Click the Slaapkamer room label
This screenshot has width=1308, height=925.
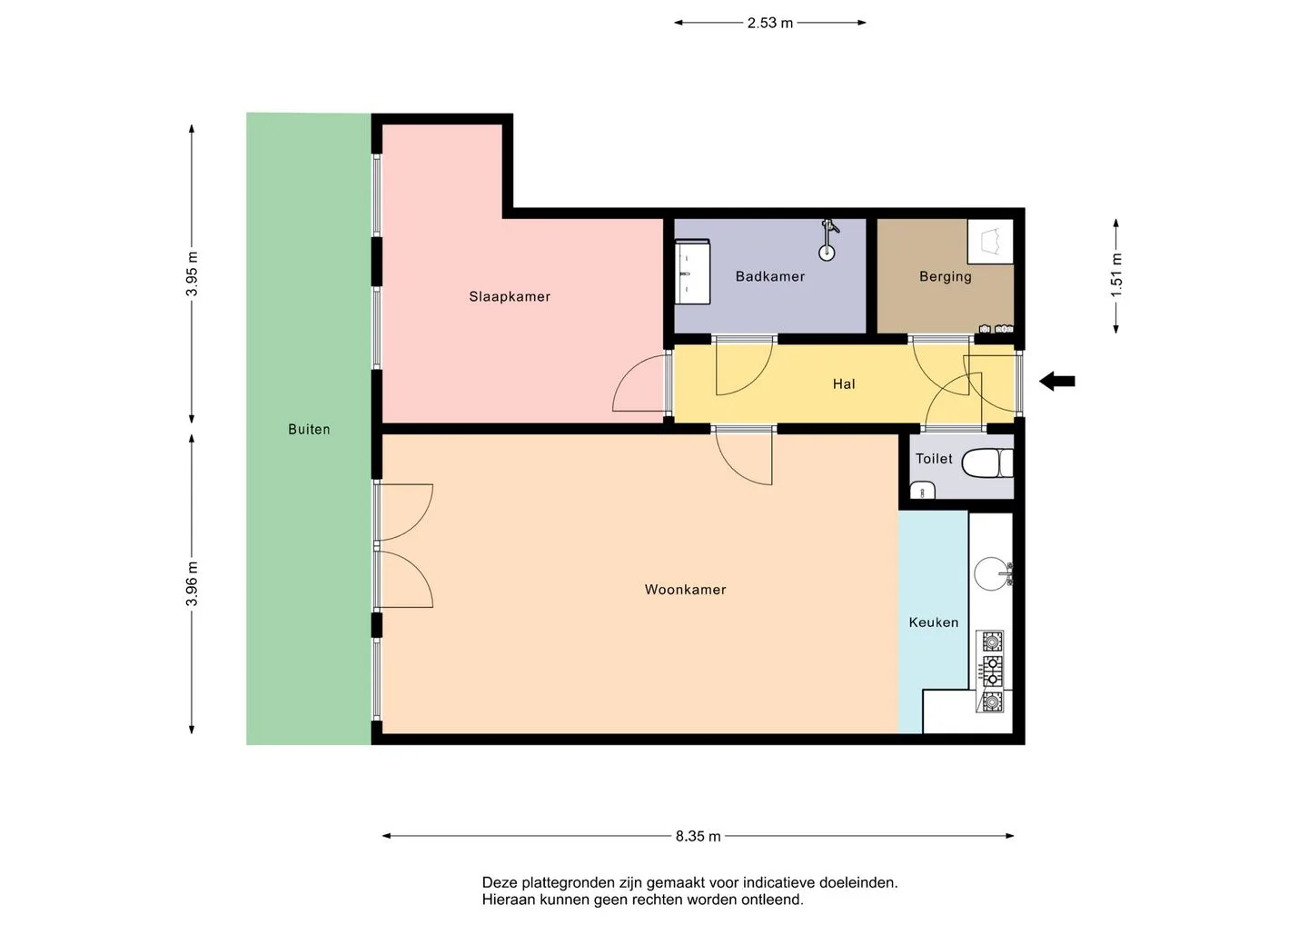pos(510,296)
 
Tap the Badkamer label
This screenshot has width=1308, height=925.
pos(769,276)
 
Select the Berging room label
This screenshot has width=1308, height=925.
pos(945,277)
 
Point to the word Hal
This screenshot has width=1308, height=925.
pos(844,383)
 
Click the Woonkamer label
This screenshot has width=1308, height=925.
pos(685,589)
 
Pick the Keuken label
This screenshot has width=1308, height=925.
pos(933,622)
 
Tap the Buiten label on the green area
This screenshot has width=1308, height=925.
pos(309,429)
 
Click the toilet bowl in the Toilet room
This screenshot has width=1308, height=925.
pos(986,463)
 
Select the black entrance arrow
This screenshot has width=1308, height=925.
pos(1057,382)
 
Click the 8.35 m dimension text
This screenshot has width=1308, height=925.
pos(698,836)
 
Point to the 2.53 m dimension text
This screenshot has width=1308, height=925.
pos(769,23)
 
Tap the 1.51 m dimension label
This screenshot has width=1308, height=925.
pos(1115,275)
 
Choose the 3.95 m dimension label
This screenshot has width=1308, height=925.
pos(192,274)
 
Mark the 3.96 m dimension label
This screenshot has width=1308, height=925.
pos(192,584)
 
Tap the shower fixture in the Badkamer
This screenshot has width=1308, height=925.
pos(827,240)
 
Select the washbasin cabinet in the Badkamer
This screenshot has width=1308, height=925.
pos(692,272)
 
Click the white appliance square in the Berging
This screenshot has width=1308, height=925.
pos(990,242)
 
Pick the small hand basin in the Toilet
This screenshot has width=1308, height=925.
pos(923,490)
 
